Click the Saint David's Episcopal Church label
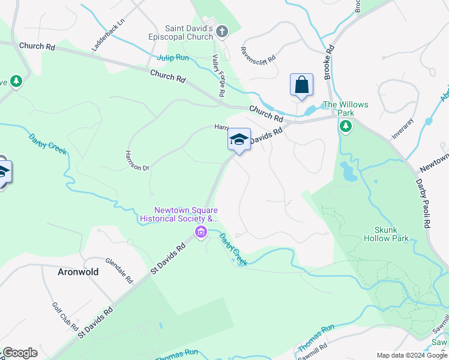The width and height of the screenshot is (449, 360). (189, 32)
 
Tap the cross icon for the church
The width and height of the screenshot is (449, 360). (221, 31)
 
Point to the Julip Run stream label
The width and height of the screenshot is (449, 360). (173, 58)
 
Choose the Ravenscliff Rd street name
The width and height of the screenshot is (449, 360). (258, 55)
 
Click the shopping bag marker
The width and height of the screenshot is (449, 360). (301, 85)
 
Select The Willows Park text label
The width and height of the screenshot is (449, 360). (345, 109)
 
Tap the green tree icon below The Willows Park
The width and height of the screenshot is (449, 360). (346, 126)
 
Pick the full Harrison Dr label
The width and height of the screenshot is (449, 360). (137, 160)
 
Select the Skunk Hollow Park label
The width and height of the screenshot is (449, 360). (386, 234)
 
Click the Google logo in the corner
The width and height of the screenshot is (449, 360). (20, 353)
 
